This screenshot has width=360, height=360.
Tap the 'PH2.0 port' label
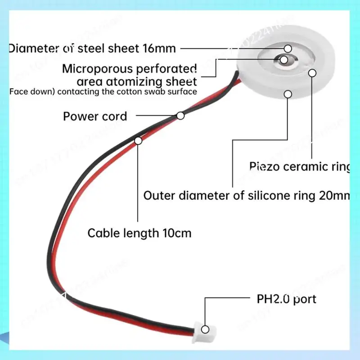tap(286, 299)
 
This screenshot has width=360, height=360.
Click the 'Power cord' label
tap(95, 117)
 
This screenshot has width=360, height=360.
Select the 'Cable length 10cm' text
tap(139, 233)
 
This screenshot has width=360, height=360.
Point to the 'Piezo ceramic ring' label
tap(299, 166)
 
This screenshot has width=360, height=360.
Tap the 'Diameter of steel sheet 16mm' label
tap(92, 48)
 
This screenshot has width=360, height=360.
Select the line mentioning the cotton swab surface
tap(103, 92)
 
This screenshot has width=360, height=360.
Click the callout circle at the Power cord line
tap(180, 116)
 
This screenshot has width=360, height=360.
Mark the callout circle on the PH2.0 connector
tap(205, 329)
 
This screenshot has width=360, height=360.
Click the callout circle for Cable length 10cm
tap(138, 141)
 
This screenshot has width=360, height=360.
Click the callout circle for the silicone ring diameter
tap(288, 94)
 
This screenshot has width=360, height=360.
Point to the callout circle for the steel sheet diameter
tap(288, 48)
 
